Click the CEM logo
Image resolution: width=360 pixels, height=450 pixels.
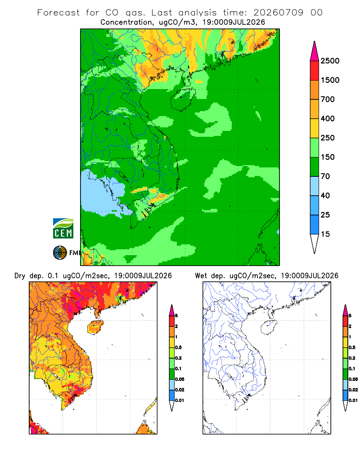click(x=63, y=229)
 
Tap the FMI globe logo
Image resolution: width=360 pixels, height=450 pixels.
click(x=60, y=253)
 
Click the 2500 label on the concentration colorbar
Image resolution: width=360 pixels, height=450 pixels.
click(x=330, y=61)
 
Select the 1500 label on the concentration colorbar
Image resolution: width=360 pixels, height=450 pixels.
click(x=330, y=80)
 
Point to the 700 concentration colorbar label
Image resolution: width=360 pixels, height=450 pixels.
click(x=328, y=99)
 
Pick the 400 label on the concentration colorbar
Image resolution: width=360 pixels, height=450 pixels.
click(x=328, y=118)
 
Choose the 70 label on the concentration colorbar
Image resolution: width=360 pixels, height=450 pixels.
click(x=325, y=176)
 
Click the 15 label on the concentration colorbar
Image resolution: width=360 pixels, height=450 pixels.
click(x=325, y=234)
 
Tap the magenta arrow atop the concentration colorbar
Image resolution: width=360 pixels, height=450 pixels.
click(x=315, y=51)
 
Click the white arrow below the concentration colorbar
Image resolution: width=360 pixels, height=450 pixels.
click(x=315, y=243)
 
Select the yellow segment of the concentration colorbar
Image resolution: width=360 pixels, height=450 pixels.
click(x=315, y=128)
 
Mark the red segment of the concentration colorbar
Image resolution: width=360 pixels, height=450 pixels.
click(x=315, y=71)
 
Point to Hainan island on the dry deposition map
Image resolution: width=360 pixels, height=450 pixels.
click(x=95, y=327)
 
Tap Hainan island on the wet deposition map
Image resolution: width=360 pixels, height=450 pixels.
click(x=269, y=328)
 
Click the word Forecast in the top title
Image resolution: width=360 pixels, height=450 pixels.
click(x=58, y=13)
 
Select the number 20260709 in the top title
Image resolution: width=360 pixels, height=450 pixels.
click(x=278, y=13)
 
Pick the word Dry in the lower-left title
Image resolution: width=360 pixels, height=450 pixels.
click(x=20, y=276)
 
